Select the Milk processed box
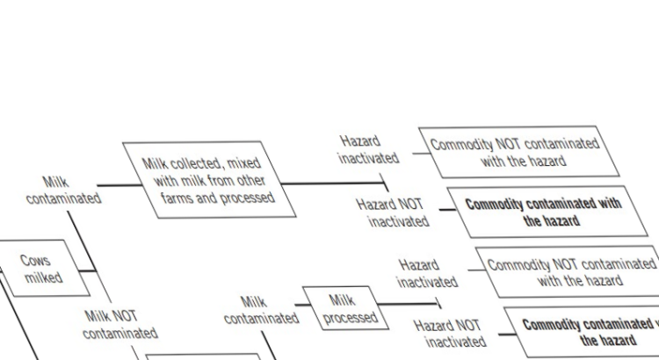(345, 308)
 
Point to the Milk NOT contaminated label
(120, 325)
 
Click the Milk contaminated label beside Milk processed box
(261, 311)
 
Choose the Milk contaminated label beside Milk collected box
(63, 191)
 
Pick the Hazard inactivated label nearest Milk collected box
(368, 150)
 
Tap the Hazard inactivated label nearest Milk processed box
(427, 274)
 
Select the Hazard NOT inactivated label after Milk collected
(393, 213)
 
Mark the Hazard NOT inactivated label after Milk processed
(450, 334)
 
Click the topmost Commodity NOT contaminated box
(519, 152)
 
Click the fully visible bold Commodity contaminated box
(547, 212)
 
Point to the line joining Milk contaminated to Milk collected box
(119, 185)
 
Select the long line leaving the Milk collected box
(332, 184)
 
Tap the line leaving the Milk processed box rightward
(408, 304)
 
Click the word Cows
(35, 261)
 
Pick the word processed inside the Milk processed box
(351, 317)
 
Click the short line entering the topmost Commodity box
(422, 154)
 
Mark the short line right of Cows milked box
(87, 271)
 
